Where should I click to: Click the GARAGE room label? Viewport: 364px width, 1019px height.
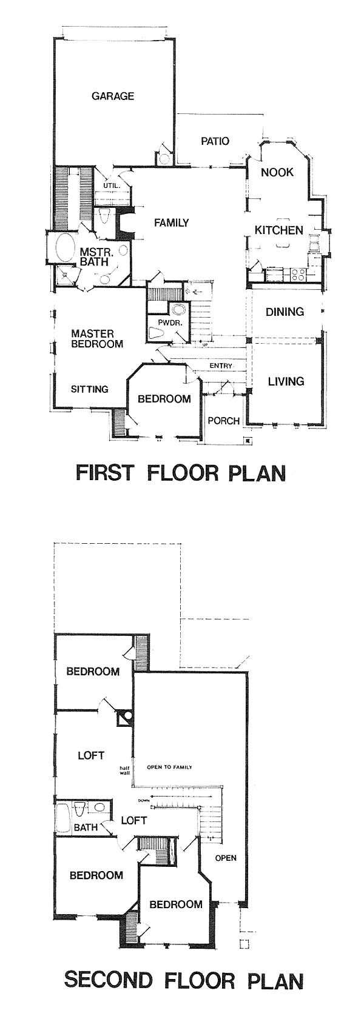point(113,96)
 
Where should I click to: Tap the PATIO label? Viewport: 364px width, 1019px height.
point(215,141)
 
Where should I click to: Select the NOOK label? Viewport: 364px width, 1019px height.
point(277,172)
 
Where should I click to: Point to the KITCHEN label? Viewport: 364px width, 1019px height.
point(278,230)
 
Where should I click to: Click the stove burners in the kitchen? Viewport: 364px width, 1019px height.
point(298,274)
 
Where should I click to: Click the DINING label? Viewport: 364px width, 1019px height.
point(285,312)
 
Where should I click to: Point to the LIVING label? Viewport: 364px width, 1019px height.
point(286,381)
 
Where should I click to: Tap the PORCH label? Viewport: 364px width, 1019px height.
point(223,421)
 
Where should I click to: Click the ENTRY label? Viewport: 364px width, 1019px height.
point(221,366)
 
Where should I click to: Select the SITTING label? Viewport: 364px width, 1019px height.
point(90,389)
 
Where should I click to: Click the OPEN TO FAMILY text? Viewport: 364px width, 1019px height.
point(169,767)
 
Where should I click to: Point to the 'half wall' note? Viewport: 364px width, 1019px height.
point(125,769)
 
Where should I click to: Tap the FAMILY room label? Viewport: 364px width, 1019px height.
point(171,223)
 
